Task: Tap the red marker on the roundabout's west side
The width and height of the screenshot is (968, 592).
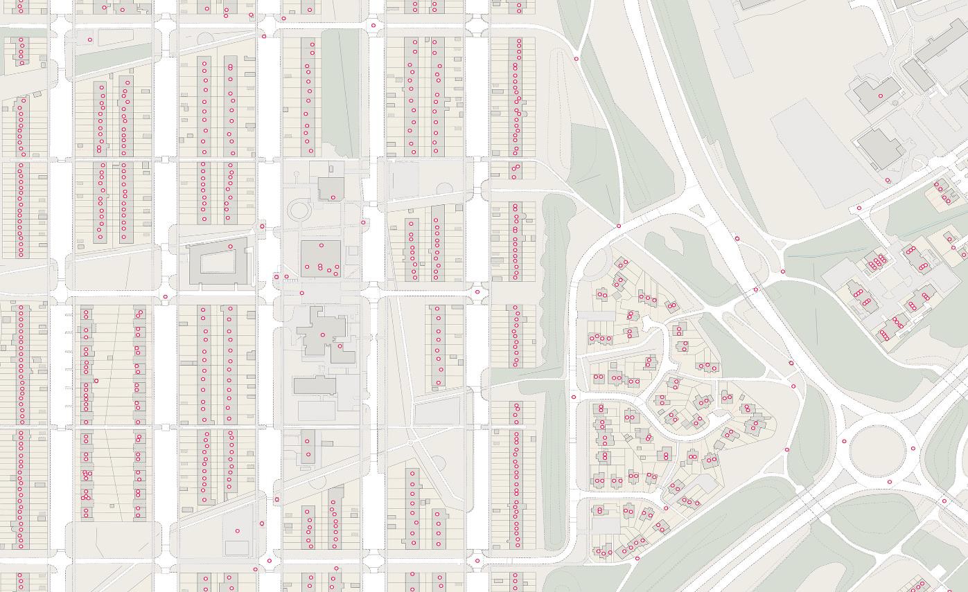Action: click(x=844, y=441)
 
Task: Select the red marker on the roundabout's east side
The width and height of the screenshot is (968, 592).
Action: click(x=913, y=449)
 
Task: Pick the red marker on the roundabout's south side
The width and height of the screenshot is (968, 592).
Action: click(x=890, y=482)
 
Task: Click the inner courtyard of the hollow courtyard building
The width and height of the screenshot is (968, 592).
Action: click(x=218, y=262)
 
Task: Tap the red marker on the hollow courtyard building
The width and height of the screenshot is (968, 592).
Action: click(x=231, y=246)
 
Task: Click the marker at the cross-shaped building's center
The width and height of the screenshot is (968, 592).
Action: click(x=323, y=335)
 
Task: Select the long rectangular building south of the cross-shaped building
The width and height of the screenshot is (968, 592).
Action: click(x=315, y=386)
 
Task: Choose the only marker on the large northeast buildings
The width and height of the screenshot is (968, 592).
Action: click(x=881, y=96)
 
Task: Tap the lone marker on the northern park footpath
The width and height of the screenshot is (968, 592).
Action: click(x=577, y=59)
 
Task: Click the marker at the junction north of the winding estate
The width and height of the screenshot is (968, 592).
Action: click(x=619, y=226)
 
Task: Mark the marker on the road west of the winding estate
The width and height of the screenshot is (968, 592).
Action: click(x=574, y=397)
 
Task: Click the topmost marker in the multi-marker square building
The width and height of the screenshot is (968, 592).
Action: click(x=322, y=246)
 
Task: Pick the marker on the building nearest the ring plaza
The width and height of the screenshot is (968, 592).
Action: click(x=333, y=198)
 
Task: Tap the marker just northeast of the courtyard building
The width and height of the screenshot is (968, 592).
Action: click(x=262, y=226)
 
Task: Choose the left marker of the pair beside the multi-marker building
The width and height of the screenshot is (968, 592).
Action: click(x=276, y=277)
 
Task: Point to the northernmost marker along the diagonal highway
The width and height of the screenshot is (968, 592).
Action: click(x=737, y=239)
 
